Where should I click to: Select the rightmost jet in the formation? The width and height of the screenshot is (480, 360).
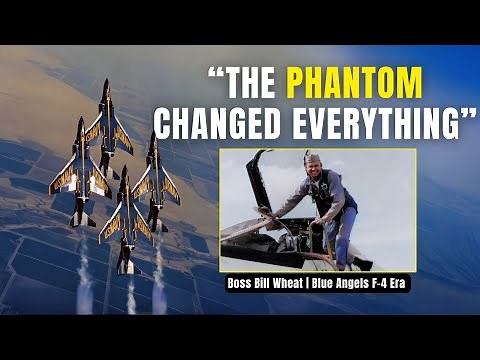158,175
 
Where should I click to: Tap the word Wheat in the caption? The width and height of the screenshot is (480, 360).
296,286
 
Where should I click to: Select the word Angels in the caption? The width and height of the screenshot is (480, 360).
349,286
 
